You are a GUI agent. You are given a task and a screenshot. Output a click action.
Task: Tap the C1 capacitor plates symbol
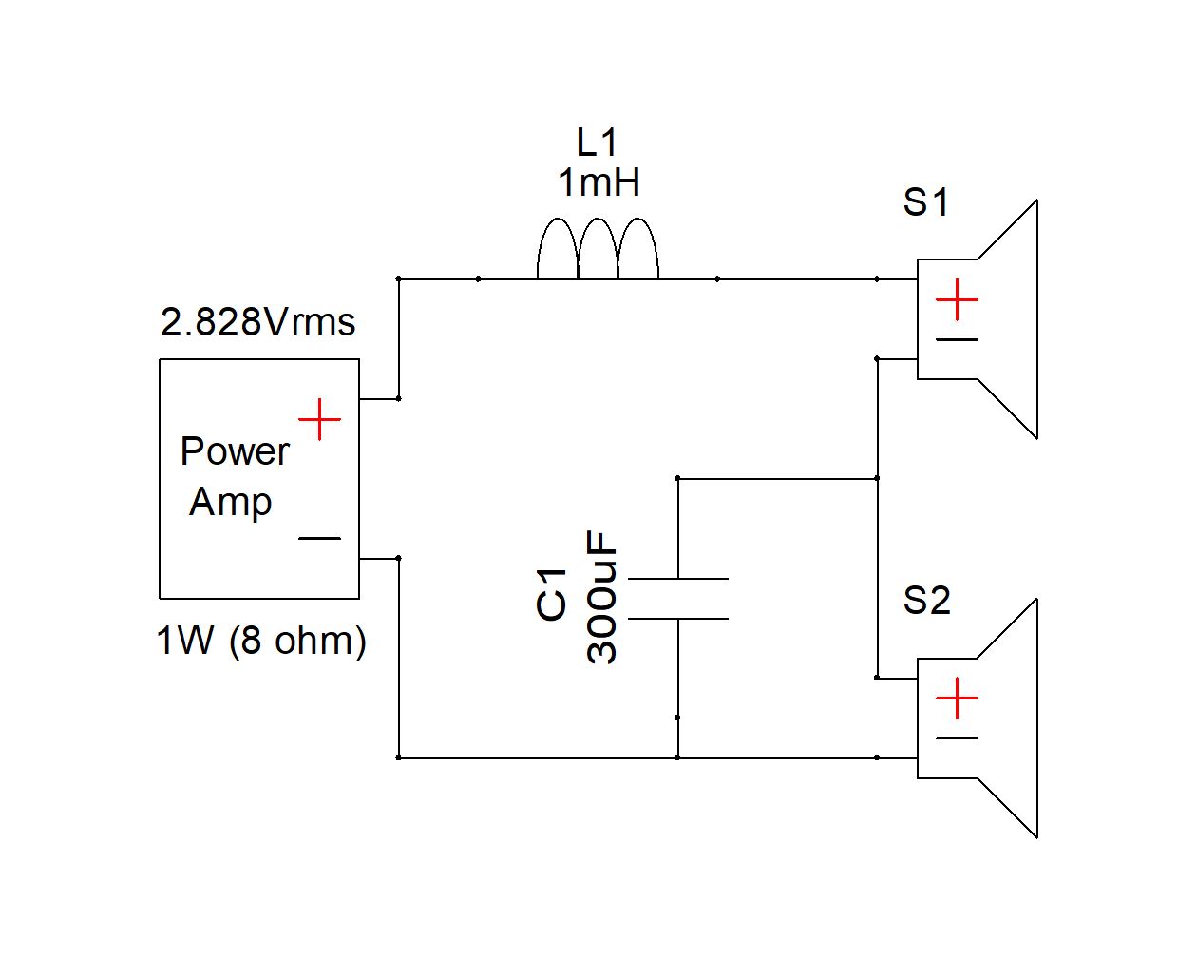click(x=678, y=599)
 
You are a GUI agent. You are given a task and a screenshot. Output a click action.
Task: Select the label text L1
click(x=598, y=143)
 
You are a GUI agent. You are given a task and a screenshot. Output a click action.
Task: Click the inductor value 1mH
click(x=598, y=182)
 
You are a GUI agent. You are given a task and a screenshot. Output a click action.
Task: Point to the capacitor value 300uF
click(x=602, y=597)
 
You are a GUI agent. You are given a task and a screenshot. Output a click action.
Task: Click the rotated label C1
click(x=552, y=594)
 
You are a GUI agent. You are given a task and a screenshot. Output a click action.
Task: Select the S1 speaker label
click(x=925, y=202)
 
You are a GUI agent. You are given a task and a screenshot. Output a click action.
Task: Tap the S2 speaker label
click(x=925, y=601)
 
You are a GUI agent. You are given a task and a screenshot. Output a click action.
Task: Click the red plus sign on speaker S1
click(x=957, y=300)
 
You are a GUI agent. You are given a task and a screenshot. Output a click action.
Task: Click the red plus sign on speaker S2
click(x=957, y=699)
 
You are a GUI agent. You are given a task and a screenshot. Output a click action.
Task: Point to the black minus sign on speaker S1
click(x=957, y=339)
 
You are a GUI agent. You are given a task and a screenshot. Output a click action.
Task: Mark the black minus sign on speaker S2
click(x=957, y=738)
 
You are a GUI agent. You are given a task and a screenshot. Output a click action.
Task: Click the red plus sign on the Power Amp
click(x=320, y=419)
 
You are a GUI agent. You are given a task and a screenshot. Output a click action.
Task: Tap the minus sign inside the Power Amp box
click(x=320, y=539)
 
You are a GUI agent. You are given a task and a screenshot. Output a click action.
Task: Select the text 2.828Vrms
click(x=257, y=323)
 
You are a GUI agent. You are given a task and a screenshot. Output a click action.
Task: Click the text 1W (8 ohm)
click(x=261, y=641)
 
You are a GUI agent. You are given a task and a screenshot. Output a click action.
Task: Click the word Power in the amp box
click(x=235, y=451)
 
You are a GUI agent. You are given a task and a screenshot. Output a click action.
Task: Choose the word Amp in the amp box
click(x=231, y=502)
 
